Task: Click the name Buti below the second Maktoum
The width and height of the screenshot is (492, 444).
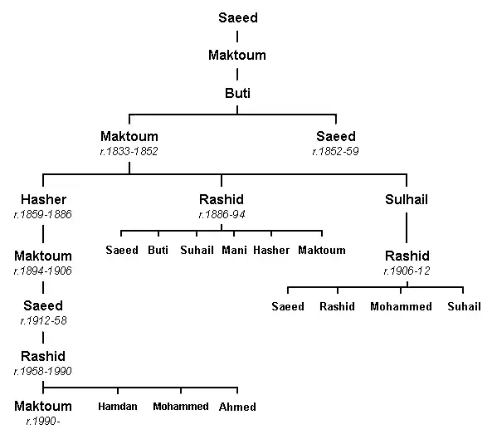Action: (237, 93)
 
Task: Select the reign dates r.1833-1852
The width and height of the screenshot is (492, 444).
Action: (129, 151)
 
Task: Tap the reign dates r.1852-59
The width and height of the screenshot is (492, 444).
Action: (335, 151)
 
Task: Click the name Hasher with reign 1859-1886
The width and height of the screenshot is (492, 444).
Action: (44, 199)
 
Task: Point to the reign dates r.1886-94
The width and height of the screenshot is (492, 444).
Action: (222, 214)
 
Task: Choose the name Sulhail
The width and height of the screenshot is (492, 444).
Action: (407, 199)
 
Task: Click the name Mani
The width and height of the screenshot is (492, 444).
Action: (234, 250)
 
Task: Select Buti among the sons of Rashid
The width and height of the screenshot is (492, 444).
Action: (158, 250)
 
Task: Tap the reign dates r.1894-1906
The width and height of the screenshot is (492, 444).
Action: (43, 271)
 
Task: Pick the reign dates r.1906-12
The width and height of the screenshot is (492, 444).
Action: (407, 271)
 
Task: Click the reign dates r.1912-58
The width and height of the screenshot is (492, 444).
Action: (43, 320)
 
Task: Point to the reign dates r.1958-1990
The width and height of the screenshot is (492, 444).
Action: (43, 371)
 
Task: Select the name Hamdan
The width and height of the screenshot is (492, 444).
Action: (118, 407)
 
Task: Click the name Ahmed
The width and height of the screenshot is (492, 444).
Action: (237, 407)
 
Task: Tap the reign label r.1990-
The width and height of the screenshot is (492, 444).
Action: (43, 421)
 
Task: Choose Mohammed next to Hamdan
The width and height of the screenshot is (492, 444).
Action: (181, 407)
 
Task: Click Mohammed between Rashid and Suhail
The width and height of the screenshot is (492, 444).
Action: (401, 306)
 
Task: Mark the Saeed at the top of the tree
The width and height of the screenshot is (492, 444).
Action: (238, 17)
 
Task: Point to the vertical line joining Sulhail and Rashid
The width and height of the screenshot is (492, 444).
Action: (407, 227)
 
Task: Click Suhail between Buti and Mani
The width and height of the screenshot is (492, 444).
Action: (197, 250)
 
